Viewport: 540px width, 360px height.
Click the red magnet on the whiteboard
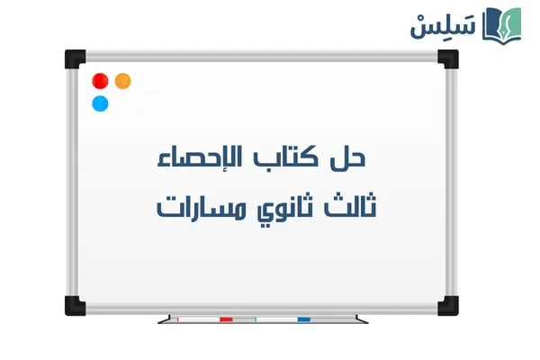tap(100, 81)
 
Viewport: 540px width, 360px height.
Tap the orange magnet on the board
tap(123, 81)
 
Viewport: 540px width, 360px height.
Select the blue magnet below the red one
tap(100, 103)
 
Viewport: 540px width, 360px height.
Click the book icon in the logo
tap(503, 23)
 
